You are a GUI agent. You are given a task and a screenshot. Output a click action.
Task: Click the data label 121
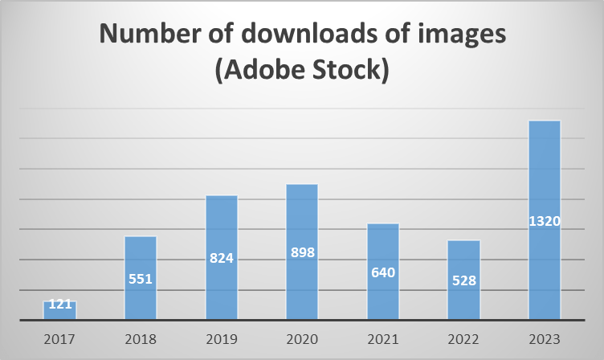click(60, 305)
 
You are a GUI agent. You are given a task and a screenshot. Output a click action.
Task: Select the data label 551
click(141, 280)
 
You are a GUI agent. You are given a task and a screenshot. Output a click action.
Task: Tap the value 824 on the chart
click(222, 259)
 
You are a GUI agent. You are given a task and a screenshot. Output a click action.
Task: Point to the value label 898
click(302, 252)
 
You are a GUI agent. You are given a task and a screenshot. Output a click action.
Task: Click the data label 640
click(382, 272)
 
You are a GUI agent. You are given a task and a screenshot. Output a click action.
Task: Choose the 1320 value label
click(544, 221)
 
